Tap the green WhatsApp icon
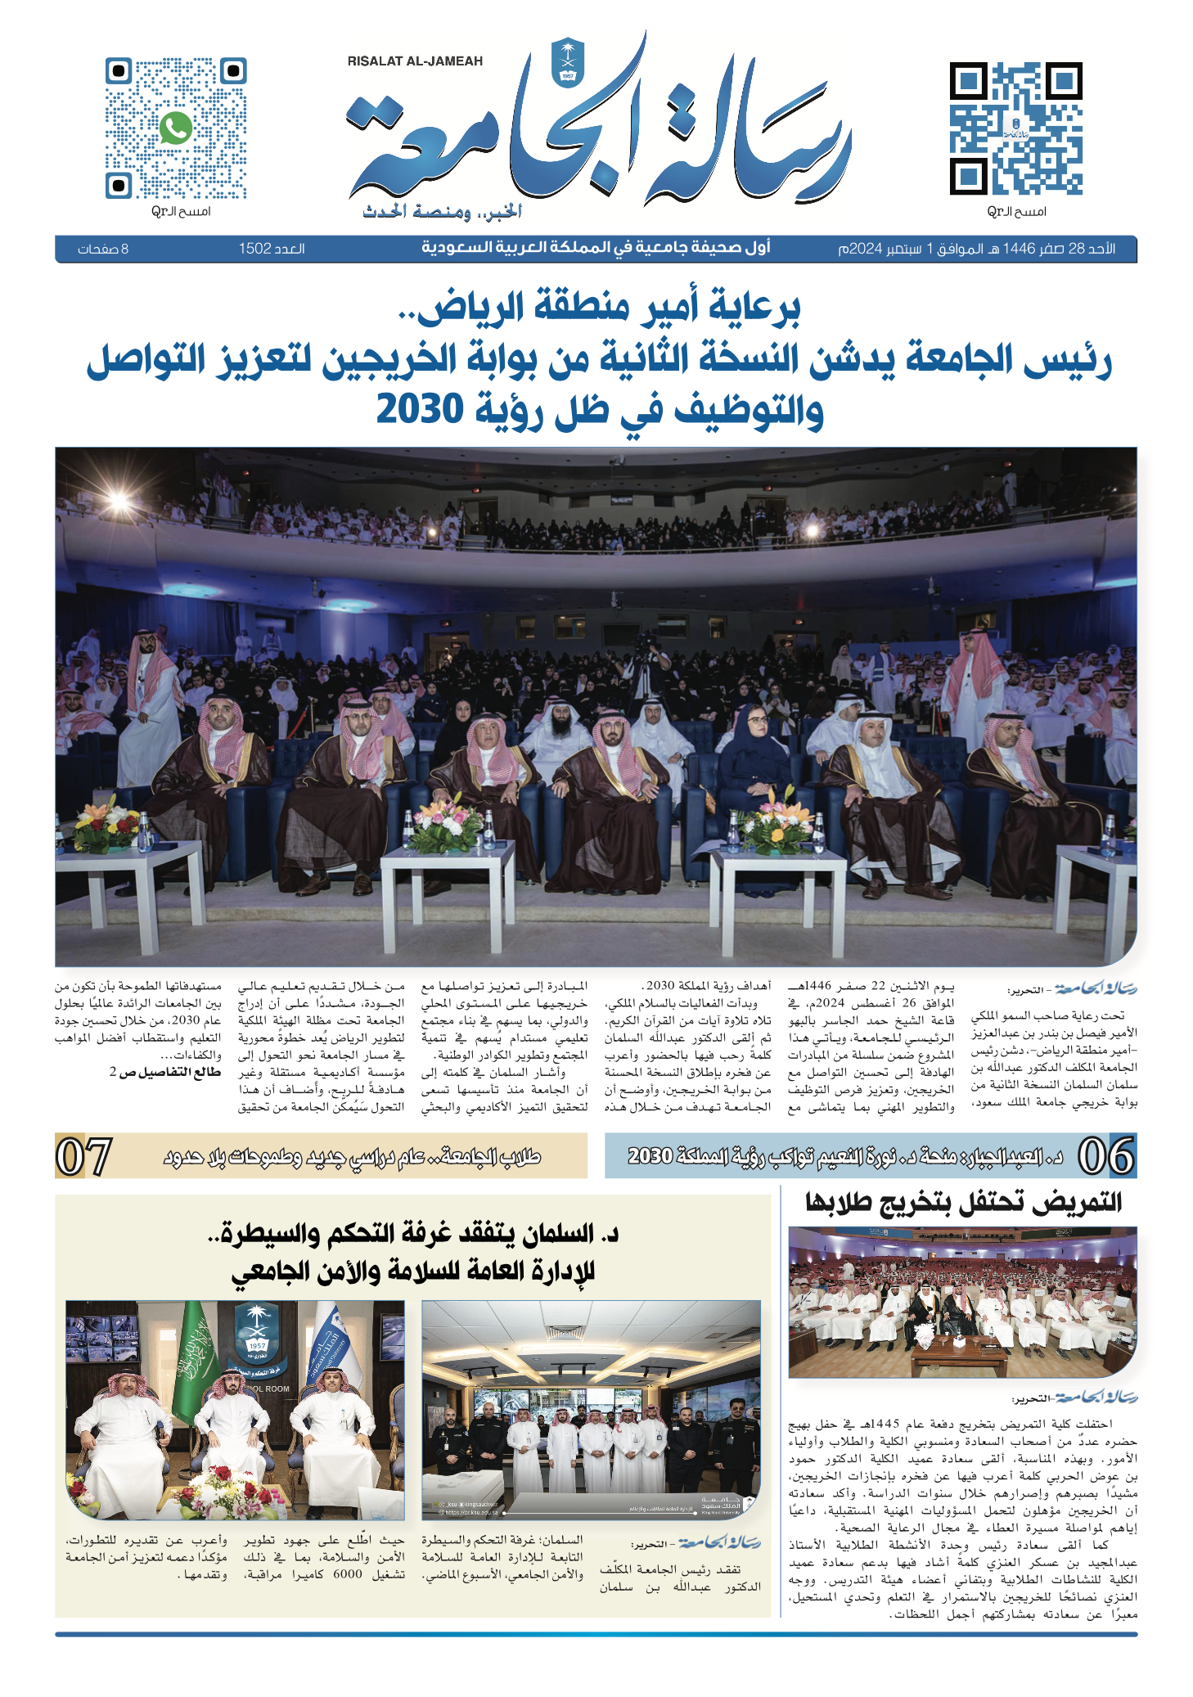(x=176, y=128)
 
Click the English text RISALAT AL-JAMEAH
(x=415, y=61)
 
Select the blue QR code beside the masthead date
(x=1015, y=128)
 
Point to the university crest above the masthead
(x=565, y=61)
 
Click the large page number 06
(x=1105, y=1156)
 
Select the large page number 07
(x=83, y=1156)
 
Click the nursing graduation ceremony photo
(x=962, y=1303)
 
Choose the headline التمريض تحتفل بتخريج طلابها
(x=963, y=1202)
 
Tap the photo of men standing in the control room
(x=591, y=1409)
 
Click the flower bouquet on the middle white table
(x=445, y=825)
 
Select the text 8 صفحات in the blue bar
(x=103, y=249)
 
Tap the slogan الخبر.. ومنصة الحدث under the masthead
(x=443, y=213)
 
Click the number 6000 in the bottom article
(x=347, y=1573)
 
